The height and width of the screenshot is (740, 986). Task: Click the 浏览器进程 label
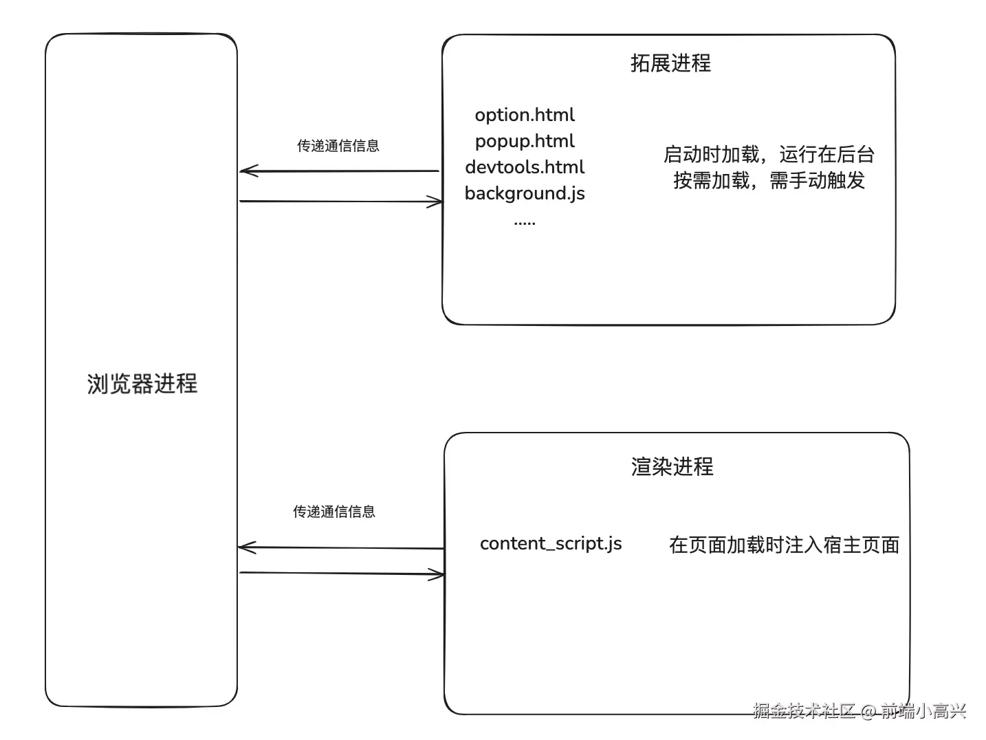click(x=142, y=384)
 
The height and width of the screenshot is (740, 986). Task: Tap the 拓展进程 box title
click(x=670, y=63)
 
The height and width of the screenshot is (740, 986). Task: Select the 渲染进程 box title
click(x=672, y=466)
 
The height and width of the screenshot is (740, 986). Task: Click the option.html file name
click(x=525, y=115)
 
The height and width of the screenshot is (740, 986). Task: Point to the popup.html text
click(x=525, y=141)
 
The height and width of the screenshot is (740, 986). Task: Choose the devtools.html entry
click(x=525, y=167)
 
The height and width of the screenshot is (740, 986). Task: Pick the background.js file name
click(x=525, y=193)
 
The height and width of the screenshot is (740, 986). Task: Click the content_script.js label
click(x=551, y=543)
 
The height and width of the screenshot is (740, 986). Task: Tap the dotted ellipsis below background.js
click(x=525, y=222)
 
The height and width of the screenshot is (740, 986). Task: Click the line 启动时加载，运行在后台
click(x=769, y=154)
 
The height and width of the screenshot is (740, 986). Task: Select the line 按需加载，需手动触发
click(x=769, y=181)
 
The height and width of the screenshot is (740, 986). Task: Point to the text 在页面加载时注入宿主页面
click(x=784, y=545)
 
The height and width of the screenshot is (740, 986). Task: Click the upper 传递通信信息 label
click(x=338, y=146)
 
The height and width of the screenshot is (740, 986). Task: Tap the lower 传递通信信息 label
click(x=333, y=512)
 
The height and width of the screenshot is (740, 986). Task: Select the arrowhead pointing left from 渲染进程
click(x=245, y=547)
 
